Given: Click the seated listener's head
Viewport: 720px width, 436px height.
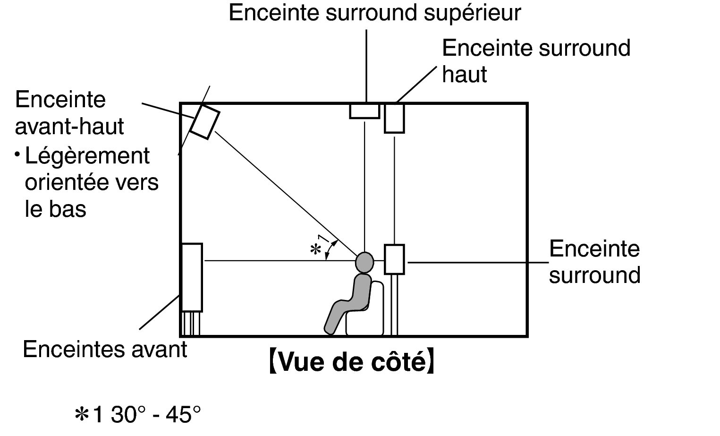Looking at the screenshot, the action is coord(364,262).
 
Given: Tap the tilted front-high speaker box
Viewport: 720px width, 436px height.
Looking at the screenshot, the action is coord(205,122).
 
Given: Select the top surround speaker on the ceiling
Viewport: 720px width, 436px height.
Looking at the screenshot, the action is coord(364,111).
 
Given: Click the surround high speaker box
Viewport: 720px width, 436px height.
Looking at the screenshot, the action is coord(394,118).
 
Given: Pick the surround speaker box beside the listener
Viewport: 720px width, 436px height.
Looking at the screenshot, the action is coord(394,259).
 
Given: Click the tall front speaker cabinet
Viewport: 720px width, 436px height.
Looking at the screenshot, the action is coord(192,277).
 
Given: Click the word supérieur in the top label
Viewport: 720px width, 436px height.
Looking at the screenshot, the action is coord(472,13).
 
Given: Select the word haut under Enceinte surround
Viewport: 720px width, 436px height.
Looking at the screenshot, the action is coord(465,75).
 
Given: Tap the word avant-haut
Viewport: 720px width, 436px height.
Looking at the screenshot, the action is coord(69,127).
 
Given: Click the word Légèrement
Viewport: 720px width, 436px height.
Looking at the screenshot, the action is coord(87,156).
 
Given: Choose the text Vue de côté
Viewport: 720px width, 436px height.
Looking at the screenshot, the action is coord(351,362).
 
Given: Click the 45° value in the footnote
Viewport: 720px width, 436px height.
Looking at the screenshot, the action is coord(183,414).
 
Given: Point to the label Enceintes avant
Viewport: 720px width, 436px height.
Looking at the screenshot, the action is coord(105,350).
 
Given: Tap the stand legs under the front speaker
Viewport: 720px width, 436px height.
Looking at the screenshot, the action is coord(191,324).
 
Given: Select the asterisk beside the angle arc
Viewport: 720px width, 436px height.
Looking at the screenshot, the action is coord(315,249).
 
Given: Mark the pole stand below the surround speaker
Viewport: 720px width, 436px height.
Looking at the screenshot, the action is coord(394,305).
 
